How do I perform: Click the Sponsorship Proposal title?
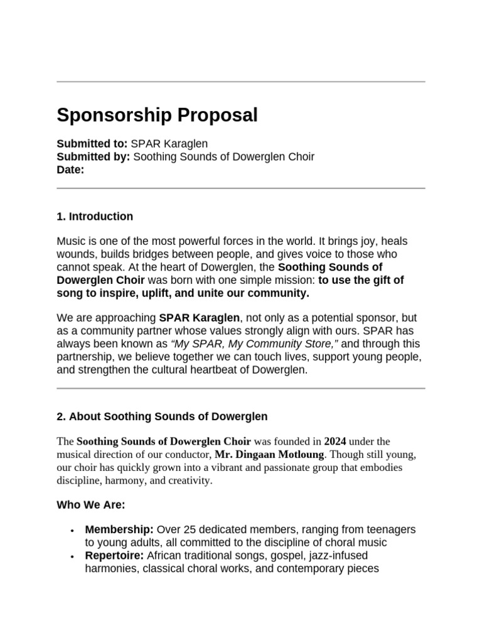click(157, 116)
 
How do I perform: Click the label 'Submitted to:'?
click(92, 144)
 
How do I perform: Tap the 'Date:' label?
click(70, 170)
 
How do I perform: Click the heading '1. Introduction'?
click(95, 217)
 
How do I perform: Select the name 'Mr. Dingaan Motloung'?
click(270, 455)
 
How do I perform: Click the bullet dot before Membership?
click(73, 531)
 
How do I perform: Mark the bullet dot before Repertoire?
click(73, 557)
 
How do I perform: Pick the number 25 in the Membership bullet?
click(188, 531)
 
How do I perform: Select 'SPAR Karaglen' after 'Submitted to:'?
click(169, 144)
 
